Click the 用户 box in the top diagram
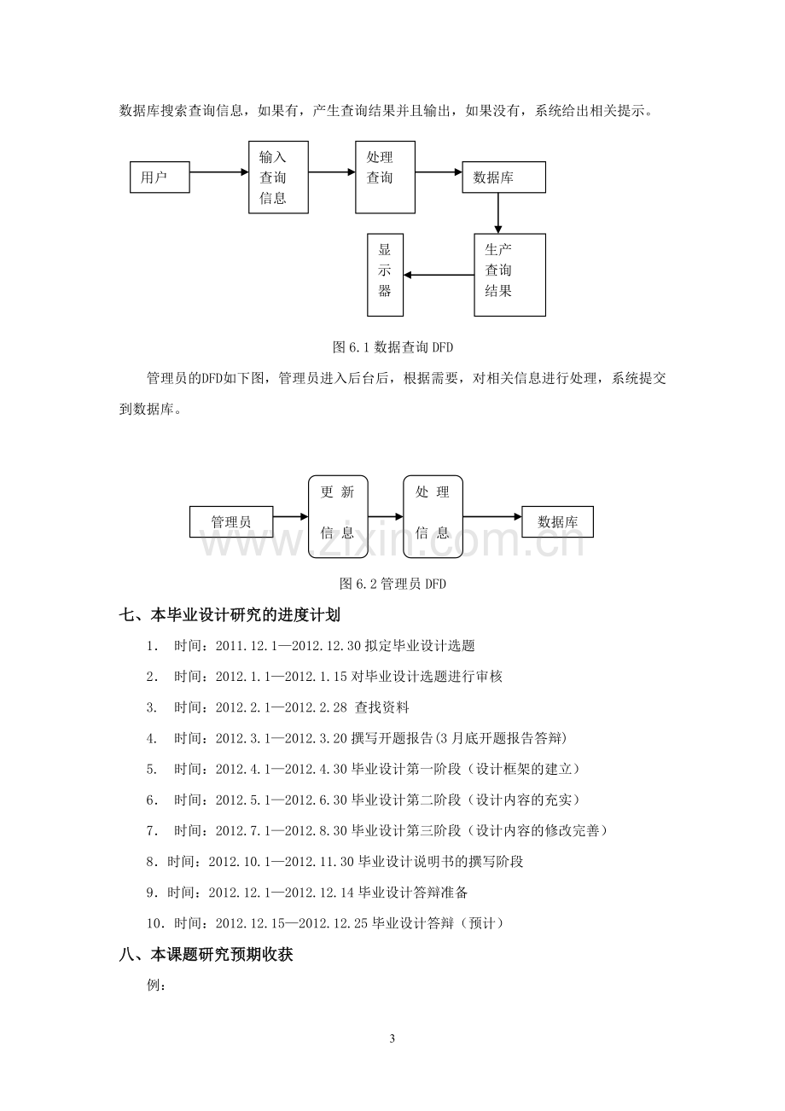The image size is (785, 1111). (160, 177)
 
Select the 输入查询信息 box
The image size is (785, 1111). (278, 177)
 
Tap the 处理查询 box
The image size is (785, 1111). (386, 177)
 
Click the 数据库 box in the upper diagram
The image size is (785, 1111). (503, 177)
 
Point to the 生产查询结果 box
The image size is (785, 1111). (509, 275)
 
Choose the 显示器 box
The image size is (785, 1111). (386, 275)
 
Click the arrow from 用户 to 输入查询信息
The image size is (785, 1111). (219, 172)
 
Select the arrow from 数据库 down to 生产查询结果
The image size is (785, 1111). (497, 213)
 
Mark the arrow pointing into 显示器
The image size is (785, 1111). (439, 275)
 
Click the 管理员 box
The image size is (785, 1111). (231, 521)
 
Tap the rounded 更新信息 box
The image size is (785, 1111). (338, 517)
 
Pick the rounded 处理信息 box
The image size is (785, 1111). (433, 517)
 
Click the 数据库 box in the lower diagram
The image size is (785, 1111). (557, 521)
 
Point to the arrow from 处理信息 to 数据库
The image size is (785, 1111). (492, 517)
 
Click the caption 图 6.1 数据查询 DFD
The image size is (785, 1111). (392, 347)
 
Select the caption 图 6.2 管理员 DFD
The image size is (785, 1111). (392, 584)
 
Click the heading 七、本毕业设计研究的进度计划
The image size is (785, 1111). (230, 615)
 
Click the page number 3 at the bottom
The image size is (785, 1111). (392, 1038)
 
